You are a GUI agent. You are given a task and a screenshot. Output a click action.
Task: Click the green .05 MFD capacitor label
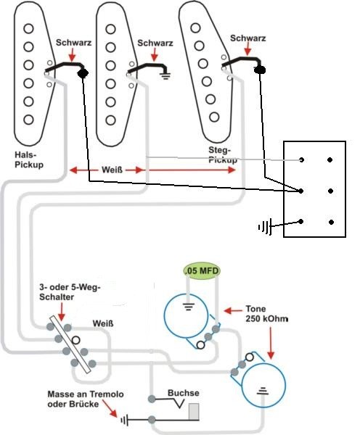tap(201, 270)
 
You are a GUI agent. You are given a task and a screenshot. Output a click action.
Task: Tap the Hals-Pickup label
tap(29, 159)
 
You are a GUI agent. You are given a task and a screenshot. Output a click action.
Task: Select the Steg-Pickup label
tap(223, 155)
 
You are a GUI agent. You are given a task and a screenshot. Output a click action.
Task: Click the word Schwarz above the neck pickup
tap(73, 43)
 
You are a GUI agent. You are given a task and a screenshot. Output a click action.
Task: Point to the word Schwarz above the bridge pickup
tap(247, 38)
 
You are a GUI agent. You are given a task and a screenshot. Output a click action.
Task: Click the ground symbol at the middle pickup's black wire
tap(165, 75)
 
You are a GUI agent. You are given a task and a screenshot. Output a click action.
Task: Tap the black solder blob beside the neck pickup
tap(83, 73)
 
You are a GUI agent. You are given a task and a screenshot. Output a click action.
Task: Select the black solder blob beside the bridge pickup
tap(260, 70)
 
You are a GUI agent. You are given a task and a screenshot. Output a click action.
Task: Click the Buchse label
tap(184, 393)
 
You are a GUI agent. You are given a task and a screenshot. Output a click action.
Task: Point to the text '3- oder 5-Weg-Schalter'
tap(70, 292)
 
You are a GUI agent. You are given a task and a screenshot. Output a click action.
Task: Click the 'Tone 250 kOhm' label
tap(266, 314)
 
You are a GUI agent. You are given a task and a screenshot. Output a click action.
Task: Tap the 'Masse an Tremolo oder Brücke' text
tap(86, 399)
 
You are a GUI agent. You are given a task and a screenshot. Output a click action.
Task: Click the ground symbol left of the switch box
tap(265, 227)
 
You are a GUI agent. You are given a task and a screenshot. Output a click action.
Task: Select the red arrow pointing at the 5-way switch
tap(62, 312)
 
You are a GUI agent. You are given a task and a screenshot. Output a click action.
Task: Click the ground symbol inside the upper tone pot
tap(188, 306)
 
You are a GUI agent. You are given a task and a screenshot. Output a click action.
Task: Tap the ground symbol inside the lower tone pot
tap(263, 391)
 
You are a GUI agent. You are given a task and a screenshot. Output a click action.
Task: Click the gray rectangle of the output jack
tap(194, 412)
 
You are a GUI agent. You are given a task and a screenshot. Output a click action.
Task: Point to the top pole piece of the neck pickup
tap(28, 28)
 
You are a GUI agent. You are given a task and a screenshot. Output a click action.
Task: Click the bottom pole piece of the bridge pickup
tap(214, 117)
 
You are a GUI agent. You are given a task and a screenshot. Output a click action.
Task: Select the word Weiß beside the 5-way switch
tap(103, 323)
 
